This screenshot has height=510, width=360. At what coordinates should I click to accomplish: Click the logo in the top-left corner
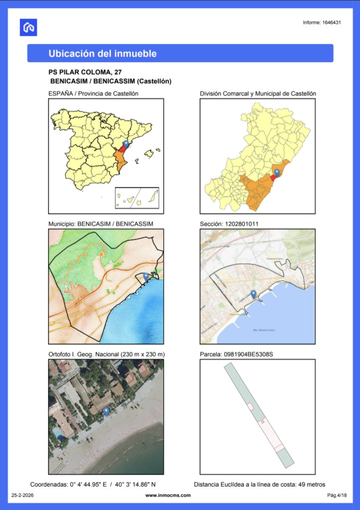click(28, 27)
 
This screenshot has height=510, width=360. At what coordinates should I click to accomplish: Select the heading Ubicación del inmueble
click(103, 53)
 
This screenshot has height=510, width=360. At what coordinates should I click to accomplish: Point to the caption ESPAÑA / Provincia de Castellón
click(93, 93)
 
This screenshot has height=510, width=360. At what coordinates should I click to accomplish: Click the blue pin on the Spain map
click(126, 144)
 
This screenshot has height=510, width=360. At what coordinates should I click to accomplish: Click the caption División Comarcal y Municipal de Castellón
click(258, 93)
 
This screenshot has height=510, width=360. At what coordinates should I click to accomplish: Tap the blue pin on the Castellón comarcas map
click(277, 172)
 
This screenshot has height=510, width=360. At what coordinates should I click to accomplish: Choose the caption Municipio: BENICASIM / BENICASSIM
click(101, 224)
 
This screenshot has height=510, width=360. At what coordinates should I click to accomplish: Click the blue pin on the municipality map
click(146, 276)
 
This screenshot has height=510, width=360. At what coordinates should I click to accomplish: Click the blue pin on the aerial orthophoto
click(106, 411)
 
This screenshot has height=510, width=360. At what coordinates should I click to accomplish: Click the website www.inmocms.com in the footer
click(168, 495)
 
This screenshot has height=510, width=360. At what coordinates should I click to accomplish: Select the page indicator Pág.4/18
click(336, 495)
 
